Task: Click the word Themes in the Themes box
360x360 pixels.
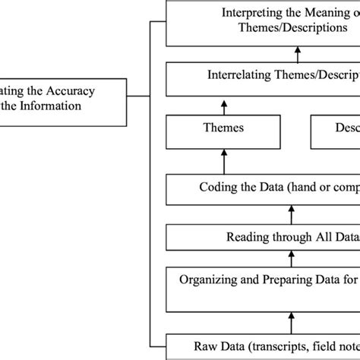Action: [224, 128]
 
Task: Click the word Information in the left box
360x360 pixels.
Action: [51, 106]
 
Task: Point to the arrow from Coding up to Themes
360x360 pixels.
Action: [224, 161]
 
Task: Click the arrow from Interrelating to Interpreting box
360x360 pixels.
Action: [297, 55]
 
